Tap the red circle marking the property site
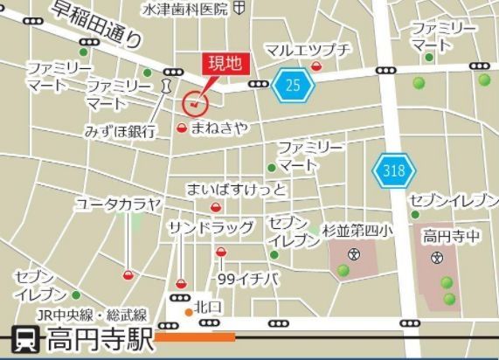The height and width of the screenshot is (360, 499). pyautogui.click(x=194, y=103)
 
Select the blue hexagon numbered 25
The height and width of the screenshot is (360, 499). pyautogui.click(x=293, y=84)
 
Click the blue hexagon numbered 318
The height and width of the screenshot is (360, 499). pyautogui.click(x=392, y=171)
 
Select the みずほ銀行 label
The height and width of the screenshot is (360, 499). pyautogui.click(x=120, y=131)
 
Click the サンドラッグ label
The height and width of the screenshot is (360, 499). pyautogui.click(x=211, y=228)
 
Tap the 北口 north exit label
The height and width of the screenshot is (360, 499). pyautogui.click(x=209, y=307)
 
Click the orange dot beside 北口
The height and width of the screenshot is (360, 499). pyautogui.click(x=187, y=309)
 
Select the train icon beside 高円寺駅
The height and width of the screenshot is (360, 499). pyautogui.click(x=24, y=338)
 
